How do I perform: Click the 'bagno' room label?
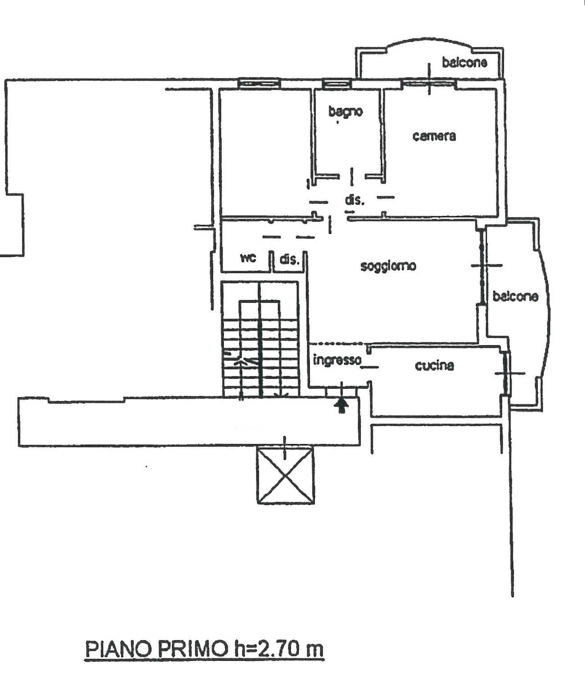[x=345, y=112]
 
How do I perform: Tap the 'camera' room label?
[x=434, y=136]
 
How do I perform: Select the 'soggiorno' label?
[x=388, y=266]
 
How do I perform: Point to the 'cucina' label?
[x=435, y=366]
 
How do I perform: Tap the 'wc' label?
[x=248, y=258]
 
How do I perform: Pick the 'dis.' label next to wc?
[x=289, y=260]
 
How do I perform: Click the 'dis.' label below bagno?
[x=355, y=200]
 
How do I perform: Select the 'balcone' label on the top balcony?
[x=464, y=63]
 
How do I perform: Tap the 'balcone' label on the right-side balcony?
[x=515, y=296]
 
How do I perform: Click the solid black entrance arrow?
[x=341, y=407]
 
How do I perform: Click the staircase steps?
[x=260, y=358]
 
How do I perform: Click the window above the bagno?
[x=337, y=83]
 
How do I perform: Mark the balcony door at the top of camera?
[x=430, y=83]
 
